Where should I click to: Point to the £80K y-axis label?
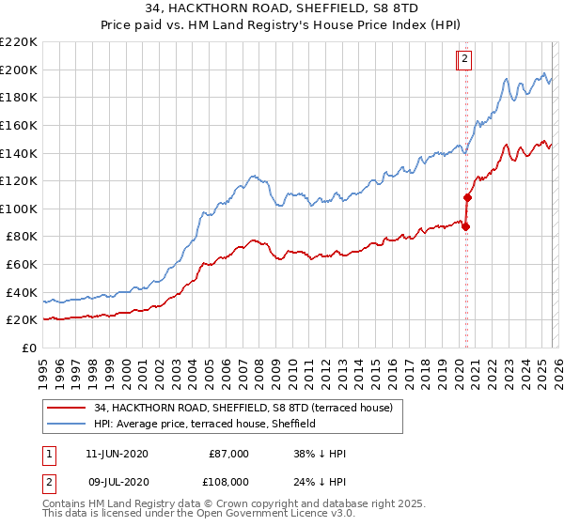[x=22, y=237]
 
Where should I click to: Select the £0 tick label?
[x=29, y=348]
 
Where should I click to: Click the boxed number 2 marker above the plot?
[x=465, y=59]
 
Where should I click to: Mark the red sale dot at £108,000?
[x=467, y=197]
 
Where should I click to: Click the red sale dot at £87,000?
[x=465, y=226]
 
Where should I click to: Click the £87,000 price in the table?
[x=228, y=454]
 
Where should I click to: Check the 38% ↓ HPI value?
[x=320, y=454]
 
